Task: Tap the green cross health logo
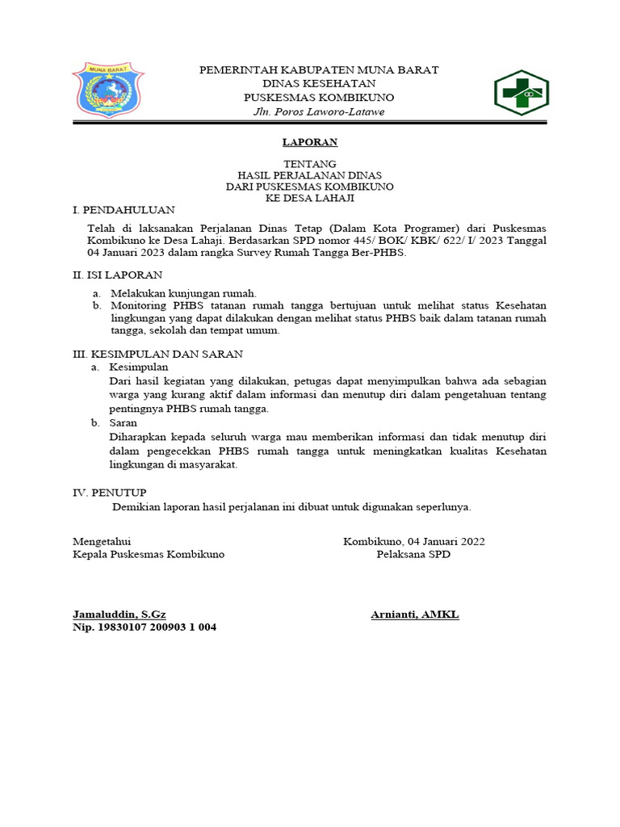[521, 93]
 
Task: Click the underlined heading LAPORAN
[309, 142]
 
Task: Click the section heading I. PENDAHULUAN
[124, 209]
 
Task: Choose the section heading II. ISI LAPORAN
[118, 275]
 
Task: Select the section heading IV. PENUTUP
[110, 491]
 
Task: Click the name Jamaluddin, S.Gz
[119, 615]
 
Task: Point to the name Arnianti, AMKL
[415, 615]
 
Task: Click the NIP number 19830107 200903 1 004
[145, 628]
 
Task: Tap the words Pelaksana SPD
[413, 554]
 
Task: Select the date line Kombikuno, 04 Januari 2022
[413, 541]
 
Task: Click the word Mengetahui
[102, 541]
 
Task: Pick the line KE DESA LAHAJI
[309, 197]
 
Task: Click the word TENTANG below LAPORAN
[309, 163]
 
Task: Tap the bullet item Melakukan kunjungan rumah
[183, 293]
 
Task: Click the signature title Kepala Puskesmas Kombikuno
[149, 554]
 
